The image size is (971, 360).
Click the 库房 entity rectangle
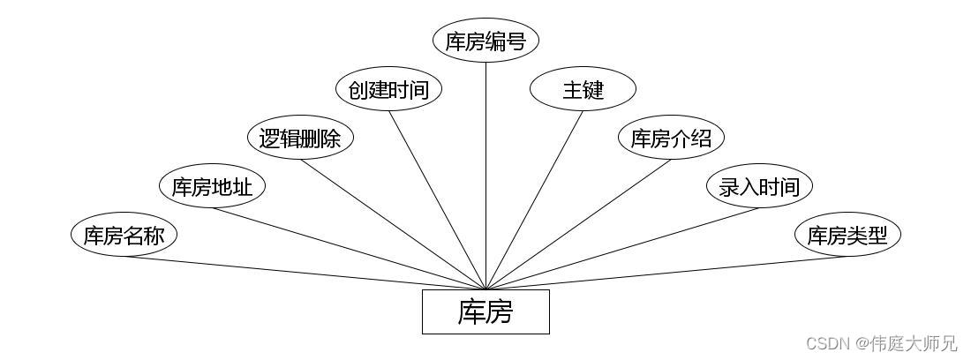485,311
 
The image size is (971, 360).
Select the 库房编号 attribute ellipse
485,41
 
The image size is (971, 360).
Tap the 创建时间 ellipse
388,90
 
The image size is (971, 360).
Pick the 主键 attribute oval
583,90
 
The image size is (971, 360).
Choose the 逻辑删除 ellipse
300,139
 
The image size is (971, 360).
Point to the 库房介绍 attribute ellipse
671,139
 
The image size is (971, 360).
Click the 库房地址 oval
212,186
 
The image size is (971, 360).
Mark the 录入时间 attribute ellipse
759,186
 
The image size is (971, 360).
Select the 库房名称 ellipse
124,235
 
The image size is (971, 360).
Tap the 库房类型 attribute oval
847,235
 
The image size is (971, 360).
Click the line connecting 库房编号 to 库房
485,176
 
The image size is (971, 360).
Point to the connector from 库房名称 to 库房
305,273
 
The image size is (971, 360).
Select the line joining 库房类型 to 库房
666,273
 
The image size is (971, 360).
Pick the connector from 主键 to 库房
534,199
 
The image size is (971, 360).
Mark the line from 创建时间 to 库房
437,199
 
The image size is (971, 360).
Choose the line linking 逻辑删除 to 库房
393,224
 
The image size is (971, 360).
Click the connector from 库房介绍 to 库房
578,224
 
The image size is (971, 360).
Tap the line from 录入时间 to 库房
622,248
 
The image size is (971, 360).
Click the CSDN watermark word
826,343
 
